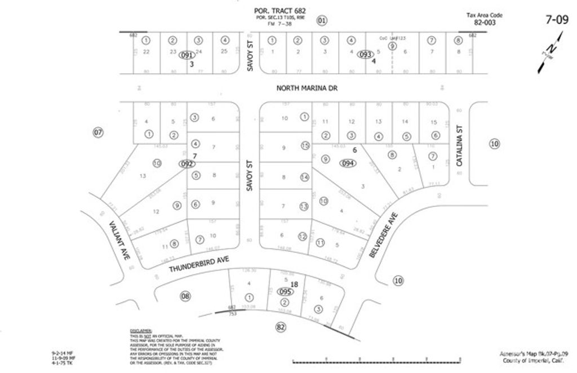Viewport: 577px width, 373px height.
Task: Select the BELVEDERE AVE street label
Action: (384, 236)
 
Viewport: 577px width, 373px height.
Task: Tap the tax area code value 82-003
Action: (485, 23)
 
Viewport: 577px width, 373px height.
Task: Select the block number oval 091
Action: (187, 55)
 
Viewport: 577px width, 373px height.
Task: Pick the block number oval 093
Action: (366, 55)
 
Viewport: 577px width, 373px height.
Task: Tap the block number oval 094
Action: (347, 163)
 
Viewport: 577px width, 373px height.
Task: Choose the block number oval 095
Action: (285, 291)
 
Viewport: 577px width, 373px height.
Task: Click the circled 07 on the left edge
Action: (99, 133)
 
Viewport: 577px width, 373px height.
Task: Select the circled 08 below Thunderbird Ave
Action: (185, 296)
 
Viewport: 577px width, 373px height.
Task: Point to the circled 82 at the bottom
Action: (280, 327)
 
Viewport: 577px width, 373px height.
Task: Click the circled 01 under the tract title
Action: (321, 21)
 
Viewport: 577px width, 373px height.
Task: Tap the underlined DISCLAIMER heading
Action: (141, 331)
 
